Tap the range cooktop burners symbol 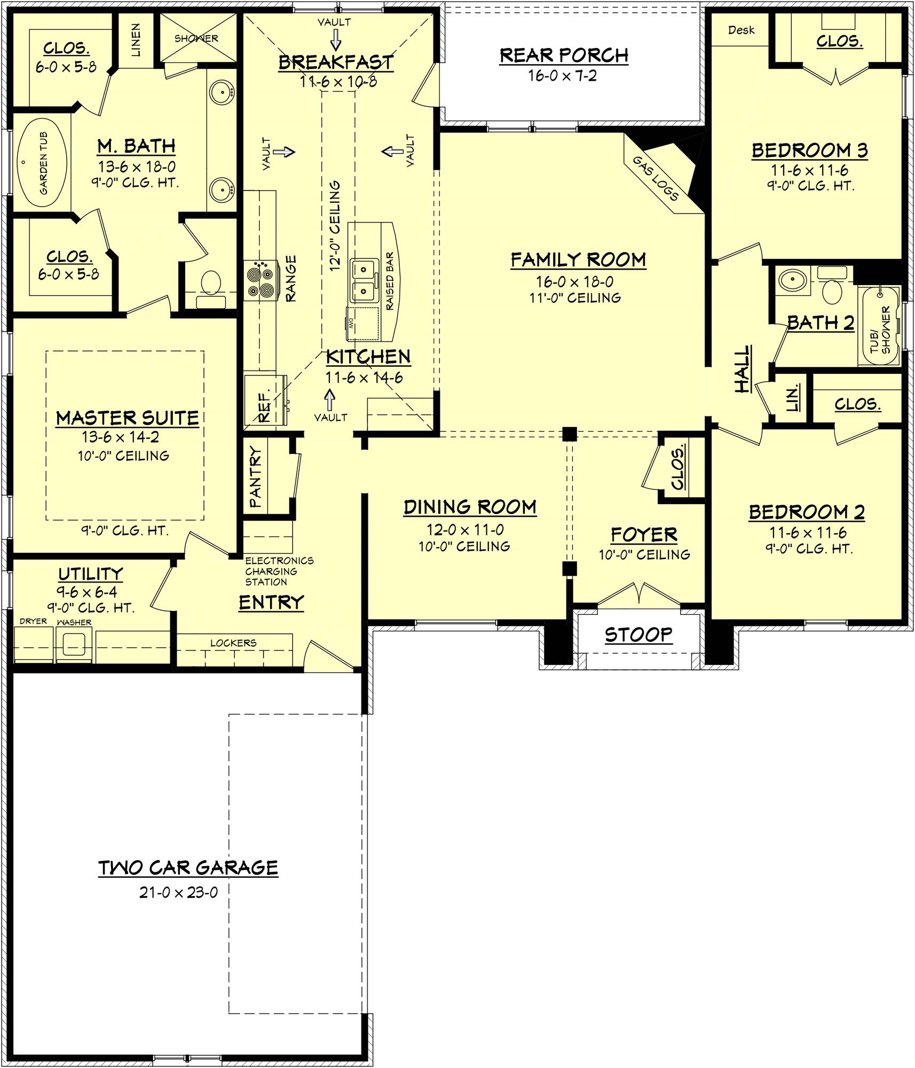[261, 280]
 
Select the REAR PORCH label [564, 56]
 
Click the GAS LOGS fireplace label [655, 178]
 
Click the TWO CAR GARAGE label [188, 868]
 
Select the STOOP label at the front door [638, 634]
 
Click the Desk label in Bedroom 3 [741, 30]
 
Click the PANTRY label [256, 477]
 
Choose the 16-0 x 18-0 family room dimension [574, 281]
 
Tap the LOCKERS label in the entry [233, 643]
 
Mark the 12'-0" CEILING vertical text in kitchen [335, 225]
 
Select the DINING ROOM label [470, 507]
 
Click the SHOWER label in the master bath [196, 38]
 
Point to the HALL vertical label [743, 369]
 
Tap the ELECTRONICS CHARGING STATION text [278, 571]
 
